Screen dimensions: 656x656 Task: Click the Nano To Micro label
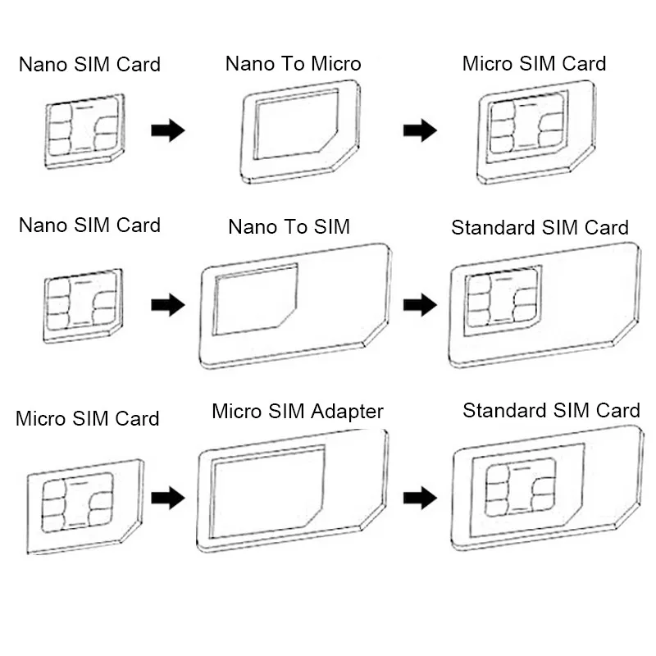(x=293, y=64)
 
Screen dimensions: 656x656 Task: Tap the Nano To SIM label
(x=289, y=226)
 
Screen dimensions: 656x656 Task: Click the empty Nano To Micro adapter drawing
(x=299, y=131)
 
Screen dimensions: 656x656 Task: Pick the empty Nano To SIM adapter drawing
(x=294, y=304)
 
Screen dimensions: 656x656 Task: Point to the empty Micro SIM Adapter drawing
(x=292, y=491)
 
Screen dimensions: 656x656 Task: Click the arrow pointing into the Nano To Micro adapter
(x=168, y=130)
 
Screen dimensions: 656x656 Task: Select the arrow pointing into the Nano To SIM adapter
(x=168, y=305)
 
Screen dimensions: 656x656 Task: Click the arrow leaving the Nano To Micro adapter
(x=420, y=130)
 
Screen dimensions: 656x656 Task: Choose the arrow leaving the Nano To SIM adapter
(x=420, y=305)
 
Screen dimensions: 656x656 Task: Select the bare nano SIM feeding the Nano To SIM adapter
(x=82, y=304)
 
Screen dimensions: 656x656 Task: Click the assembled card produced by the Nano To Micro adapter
(x=535, y=131)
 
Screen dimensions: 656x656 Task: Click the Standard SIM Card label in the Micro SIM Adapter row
(x=551, y=410)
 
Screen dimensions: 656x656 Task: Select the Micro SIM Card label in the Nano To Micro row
(x=534, y=64)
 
